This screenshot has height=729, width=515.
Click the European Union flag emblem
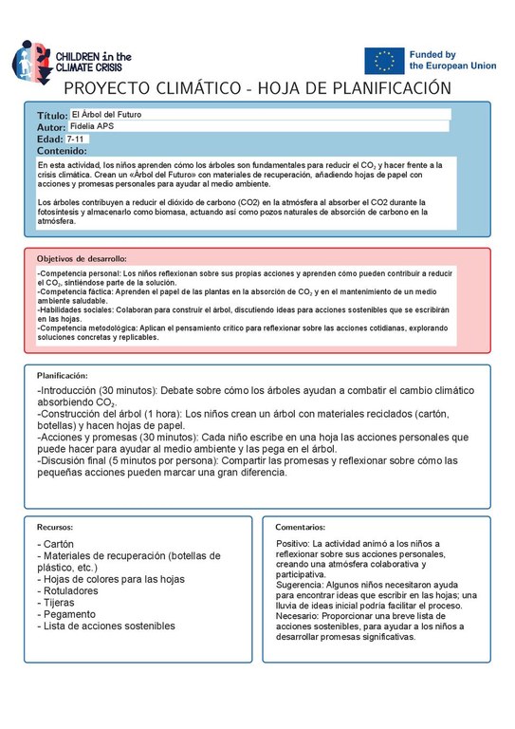384,61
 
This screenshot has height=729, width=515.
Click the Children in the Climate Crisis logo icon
26,60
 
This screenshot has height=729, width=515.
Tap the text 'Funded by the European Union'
446,62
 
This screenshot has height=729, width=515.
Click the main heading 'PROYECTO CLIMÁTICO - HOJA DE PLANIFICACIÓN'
256,88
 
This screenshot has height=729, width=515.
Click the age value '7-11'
76,139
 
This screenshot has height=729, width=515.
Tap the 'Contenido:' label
62,151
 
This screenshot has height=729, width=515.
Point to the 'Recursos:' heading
55,526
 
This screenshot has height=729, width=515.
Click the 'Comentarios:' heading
300,526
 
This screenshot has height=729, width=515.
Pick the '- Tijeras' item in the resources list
62,603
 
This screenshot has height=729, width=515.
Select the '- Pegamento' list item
69,614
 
